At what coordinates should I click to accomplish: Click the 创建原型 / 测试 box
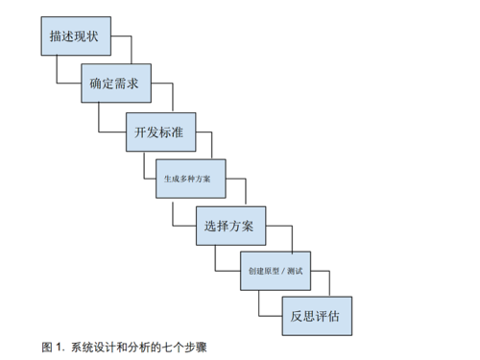point(275,272)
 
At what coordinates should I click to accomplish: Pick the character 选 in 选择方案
point(210,227)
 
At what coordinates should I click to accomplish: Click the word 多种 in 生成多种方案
point(187,179)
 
